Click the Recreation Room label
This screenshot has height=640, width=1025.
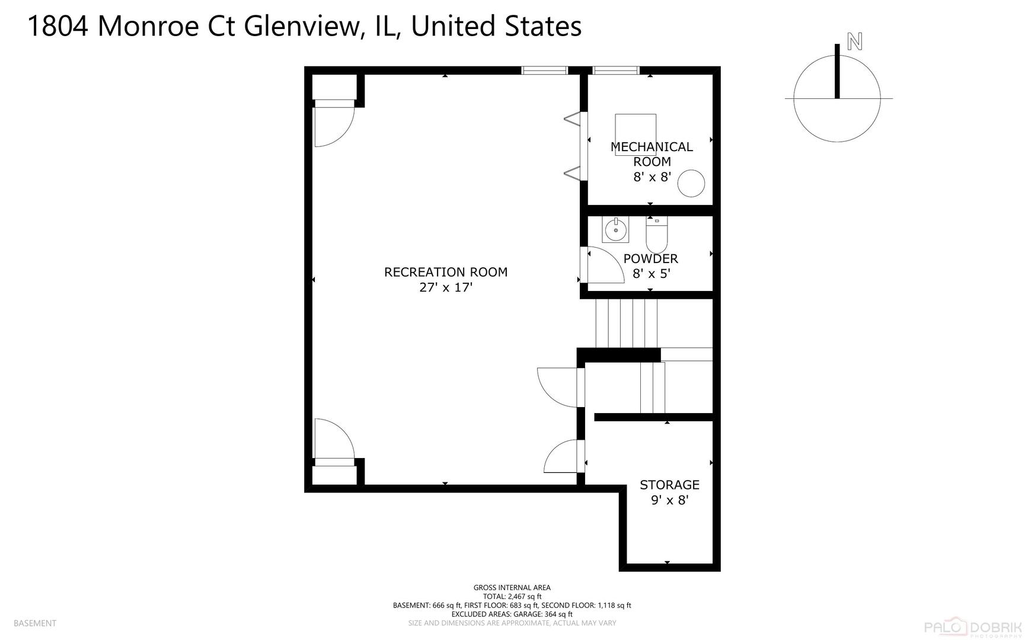(446, 272)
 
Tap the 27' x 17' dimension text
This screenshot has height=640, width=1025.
(446, 288)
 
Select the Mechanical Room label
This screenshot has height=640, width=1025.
(652, 154)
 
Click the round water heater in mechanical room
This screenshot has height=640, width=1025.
(691, 184)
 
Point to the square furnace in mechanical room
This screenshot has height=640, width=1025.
(636, 127)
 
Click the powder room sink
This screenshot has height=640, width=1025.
(615, 229)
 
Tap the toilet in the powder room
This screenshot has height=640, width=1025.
(656, 235)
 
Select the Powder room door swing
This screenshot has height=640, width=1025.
(605, 265)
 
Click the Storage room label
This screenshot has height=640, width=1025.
(669, 485)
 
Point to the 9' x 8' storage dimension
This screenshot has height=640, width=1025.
(669, 500)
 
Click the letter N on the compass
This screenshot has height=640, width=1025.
(854, 41)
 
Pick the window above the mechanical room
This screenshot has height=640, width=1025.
(616, 71)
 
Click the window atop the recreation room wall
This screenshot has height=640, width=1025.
(545, 71)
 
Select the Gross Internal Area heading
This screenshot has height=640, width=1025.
(512, 588)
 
